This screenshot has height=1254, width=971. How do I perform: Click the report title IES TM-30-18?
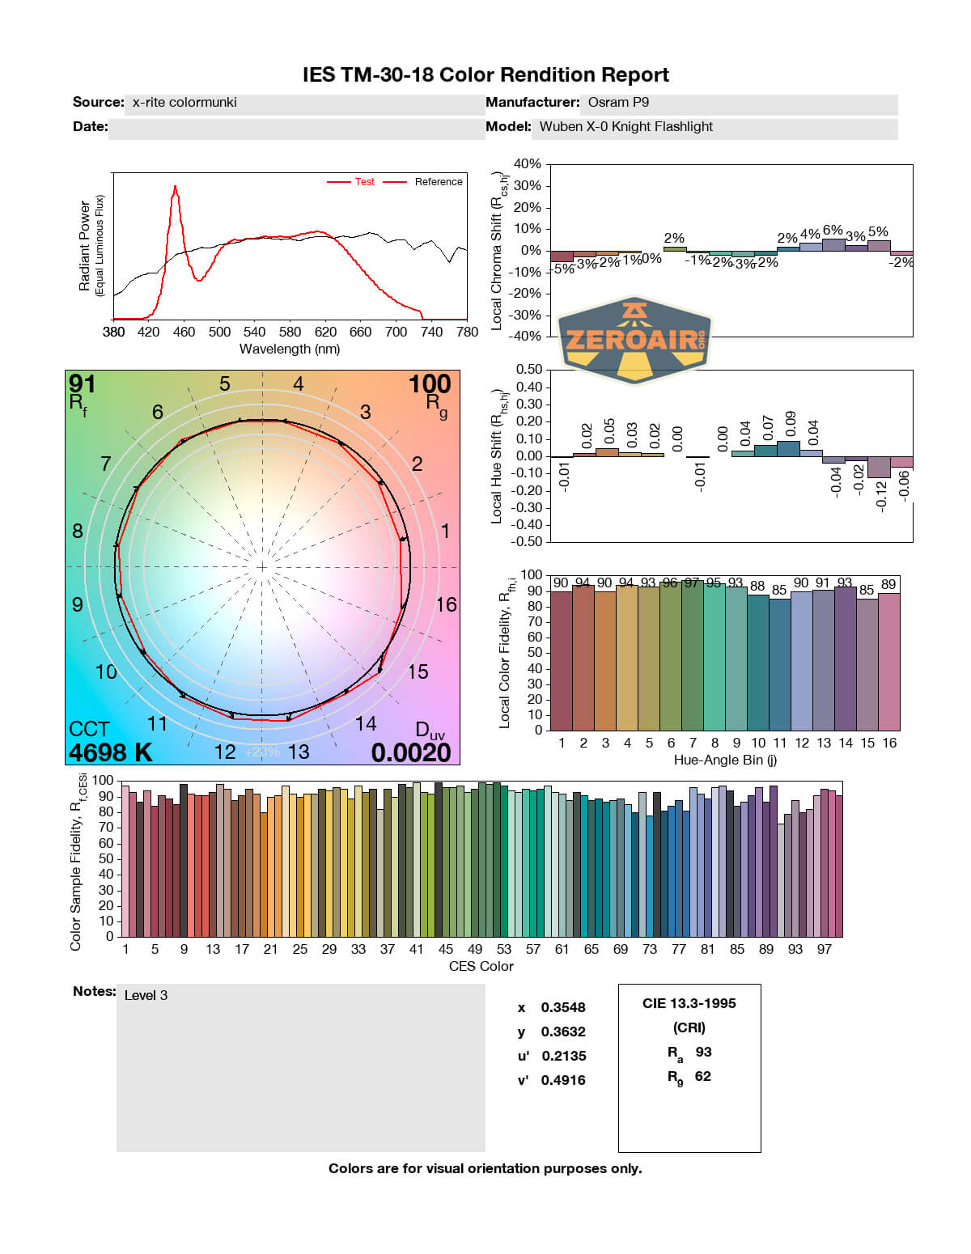(485, 75)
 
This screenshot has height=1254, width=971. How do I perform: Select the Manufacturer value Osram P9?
(618, 103)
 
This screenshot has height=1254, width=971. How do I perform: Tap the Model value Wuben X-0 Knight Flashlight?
(625, 127)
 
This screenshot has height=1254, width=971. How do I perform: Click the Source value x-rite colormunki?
(184, 103)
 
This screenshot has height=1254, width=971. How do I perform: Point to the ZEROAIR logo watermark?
(635, 339)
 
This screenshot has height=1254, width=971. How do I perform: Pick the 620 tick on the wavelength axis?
(325, 332)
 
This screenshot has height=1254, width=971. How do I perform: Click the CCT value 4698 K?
(111, 752)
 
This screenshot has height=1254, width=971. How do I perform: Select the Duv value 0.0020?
(411, 752)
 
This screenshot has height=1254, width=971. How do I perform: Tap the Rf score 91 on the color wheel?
(83, 383)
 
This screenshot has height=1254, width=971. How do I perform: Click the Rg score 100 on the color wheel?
(429, 383)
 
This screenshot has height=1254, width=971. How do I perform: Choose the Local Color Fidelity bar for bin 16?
(889, 661)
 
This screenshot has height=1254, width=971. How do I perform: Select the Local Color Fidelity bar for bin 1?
(561, 660)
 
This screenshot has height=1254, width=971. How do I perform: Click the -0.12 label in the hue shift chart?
(881, 494)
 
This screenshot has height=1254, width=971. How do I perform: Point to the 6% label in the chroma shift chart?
(833, 231)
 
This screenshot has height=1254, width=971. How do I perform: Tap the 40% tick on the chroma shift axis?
(527, 164)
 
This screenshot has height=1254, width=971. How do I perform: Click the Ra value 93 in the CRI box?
(703, 1052)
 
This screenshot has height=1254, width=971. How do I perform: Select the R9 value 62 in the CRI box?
(702, 1076)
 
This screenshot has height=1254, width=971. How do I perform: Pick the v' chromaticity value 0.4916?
(563, 1080)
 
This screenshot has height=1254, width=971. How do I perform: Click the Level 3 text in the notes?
(146, 995)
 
